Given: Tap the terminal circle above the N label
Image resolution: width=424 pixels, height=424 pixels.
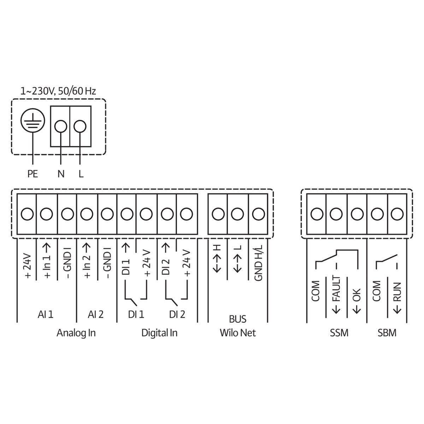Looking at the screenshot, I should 61,125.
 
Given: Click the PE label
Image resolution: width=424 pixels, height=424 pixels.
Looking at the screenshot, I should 33,174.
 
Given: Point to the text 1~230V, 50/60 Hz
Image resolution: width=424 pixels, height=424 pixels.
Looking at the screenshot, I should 58,91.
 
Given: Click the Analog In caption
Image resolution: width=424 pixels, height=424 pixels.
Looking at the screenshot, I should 76,333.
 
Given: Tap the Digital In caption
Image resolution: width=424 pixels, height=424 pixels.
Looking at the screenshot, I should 159,333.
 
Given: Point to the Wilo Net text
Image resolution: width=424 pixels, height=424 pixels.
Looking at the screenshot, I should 238,333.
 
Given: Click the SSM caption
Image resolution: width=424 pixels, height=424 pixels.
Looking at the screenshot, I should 338,333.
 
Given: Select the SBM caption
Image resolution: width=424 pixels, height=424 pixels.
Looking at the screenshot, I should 387,333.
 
